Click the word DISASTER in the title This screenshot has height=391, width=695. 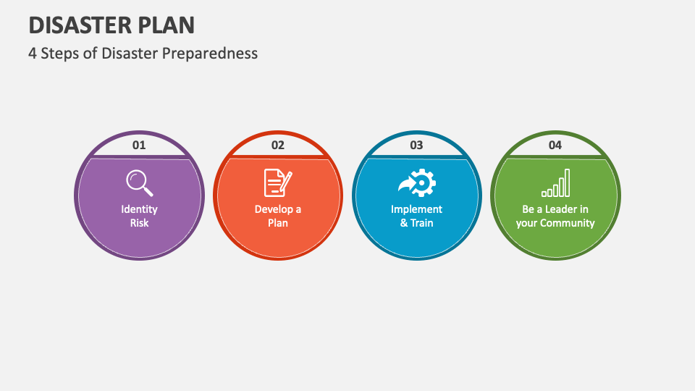click(x=78, y=25)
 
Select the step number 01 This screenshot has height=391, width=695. click(x=139, y=145)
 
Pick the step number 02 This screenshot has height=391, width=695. click(x=278, y=145)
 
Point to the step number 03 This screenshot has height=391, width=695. click(x=416, y=145)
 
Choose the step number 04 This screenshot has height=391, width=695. click(x=555, y=145)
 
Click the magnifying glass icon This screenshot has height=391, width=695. click(x=139, y=182)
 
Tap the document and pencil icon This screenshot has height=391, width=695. click(x=278, y=182)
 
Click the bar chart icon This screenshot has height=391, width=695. click(x=555, y=183)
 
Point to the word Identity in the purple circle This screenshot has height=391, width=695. click(x=139, y=209)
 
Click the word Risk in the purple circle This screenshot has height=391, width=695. click(x=139, y=223)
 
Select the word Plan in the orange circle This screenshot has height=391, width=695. click(x=278, y=223)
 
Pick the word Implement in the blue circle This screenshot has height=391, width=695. click(x=416, y=209)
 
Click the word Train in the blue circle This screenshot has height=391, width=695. click(x=422, y=223)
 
